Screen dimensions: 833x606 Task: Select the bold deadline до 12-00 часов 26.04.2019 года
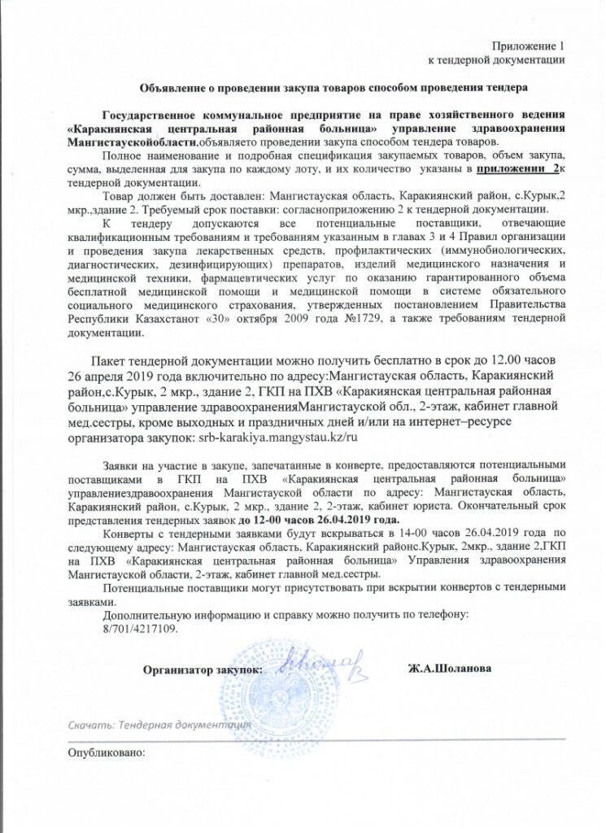coord(329,519)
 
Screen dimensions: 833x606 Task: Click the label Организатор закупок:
coord(203,669)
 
